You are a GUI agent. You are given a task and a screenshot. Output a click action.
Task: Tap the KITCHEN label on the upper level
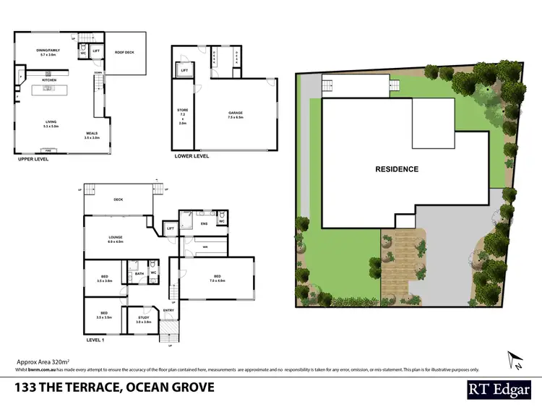pyautogui.click(x=49, y=80)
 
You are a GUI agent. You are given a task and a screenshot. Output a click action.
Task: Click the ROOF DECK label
pyautogui.click(x=126, y=52)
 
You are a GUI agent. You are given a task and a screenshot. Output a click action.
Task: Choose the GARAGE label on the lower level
pyautogui.click(x=235, y=114)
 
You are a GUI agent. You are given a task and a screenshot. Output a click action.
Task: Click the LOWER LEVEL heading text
pyautogui.click(x=192, y=155)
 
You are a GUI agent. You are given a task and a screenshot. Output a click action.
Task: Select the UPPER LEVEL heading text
pyautogui.click(x=33, y=158)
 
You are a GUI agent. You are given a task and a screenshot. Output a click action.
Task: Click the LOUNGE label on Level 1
pyautogui.click(x=116, y=239)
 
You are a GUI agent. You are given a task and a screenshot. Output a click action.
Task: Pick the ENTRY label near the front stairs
pyautogui.click(x=168, y=311)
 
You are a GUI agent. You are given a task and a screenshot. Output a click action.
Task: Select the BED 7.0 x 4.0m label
pyautogui.click(x=218, y=278)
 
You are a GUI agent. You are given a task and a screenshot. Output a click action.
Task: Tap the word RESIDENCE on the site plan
pyautogui.click(x=396, y=169)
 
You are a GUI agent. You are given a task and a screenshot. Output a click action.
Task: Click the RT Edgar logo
pyautogui.click(x=498, y=387)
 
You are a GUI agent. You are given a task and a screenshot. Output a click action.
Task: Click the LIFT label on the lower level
pyautogui.click(x=184, y=71)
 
